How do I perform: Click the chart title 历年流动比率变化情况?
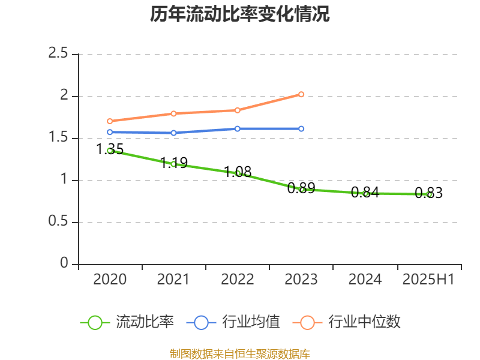pyautogui.click(x=240, y=14)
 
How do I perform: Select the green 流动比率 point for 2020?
pyautogui.click(x=110, y=151)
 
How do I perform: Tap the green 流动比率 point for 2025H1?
pyautogui.click(x=429, y=194)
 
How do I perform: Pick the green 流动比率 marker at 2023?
pyautogui.click(x=302, y=190)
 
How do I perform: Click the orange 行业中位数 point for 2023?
pyautogui.click(x=301, y=94)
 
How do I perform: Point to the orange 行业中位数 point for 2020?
pyautogui.click(x=110, y=121)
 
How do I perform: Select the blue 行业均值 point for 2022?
pyautogui.click(x=238, y=129)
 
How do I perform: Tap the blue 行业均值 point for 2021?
pyautogui.click(x=174, y=133)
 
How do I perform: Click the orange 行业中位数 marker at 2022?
pyautogui.click(x=238, y=110)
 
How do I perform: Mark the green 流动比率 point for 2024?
pyautogui.click(x=365, y=193)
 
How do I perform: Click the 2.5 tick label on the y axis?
pyautogui.click(x=59, y=54)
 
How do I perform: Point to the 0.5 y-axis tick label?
pyautogui.click(x=59, y=222)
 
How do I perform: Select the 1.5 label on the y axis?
pyautogui.click(x=59, y=138)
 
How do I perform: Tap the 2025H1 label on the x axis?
pyautogui.click(x=428, y=280)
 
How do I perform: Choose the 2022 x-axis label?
pyautogui.click(x=238, y=280)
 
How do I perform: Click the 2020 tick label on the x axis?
pyautogui.click(x=110, y=280)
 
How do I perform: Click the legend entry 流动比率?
pyautogui.click(x=145, y=322)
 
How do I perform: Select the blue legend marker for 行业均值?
pyautogui.click(x=201, y=322)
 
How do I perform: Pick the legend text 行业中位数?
pyautogui.click(x=364, y=322)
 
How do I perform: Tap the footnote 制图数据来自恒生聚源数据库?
pyautogui.click(x=240, y=353)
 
